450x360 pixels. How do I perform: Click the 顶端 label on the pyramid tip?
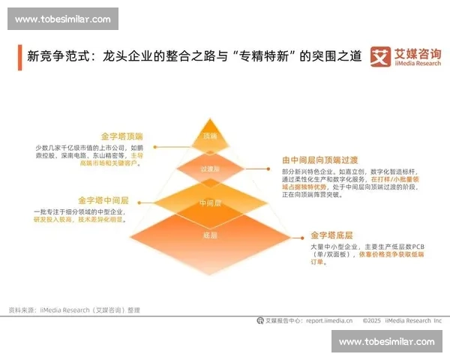pos(209,136)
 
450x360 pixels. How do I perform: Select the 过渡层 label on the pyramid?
pos(209,169)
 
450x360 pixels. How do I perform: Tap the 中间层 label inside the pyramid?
pos(209,203)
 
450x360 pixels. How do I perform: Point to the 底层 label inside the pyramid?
pos(209,235)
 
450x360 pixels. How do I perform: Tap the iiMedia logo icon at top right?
pos(382,57)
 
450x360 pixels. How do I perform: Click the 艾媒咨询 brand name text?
pos(418,53)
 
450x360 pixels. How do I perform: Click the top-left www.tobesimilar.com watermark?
pos(62,19)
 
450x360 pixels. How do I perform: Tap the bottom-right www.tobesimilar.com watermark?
pos(386,341)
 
